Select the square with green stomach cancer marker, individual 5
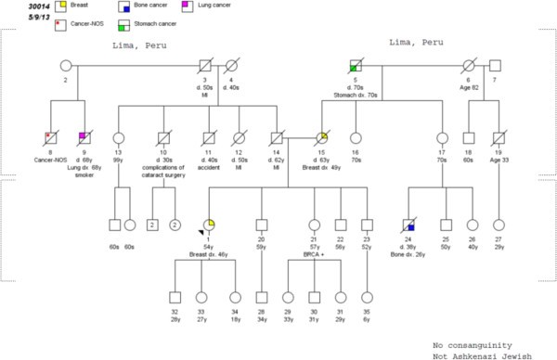355,66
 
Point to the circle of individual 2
66,66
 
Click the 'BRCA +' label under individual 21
316,252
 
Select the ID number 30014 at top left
15,7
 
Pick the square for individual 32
175,297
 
